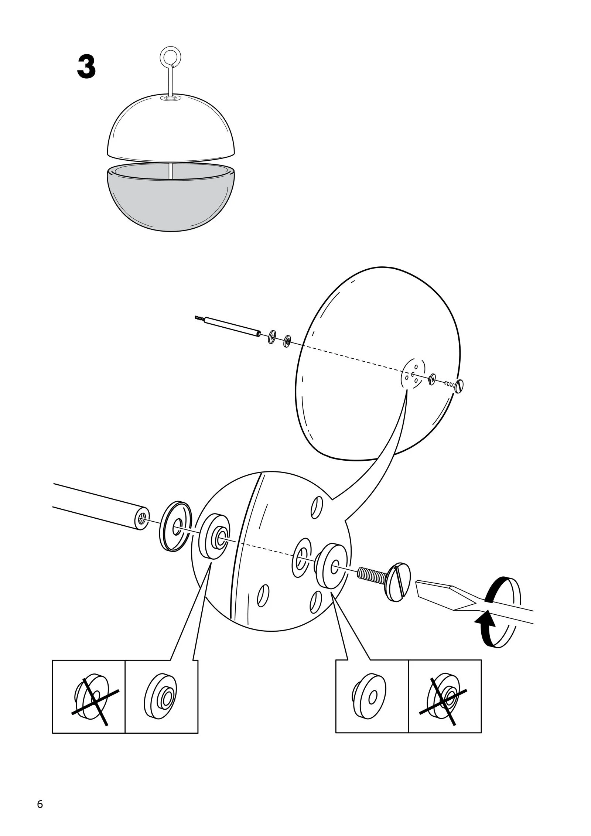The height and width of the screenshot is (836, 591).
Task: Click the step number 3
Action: [86, 67]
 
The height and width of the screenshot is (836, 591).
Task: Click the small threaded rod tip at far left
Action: [200, 317]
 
